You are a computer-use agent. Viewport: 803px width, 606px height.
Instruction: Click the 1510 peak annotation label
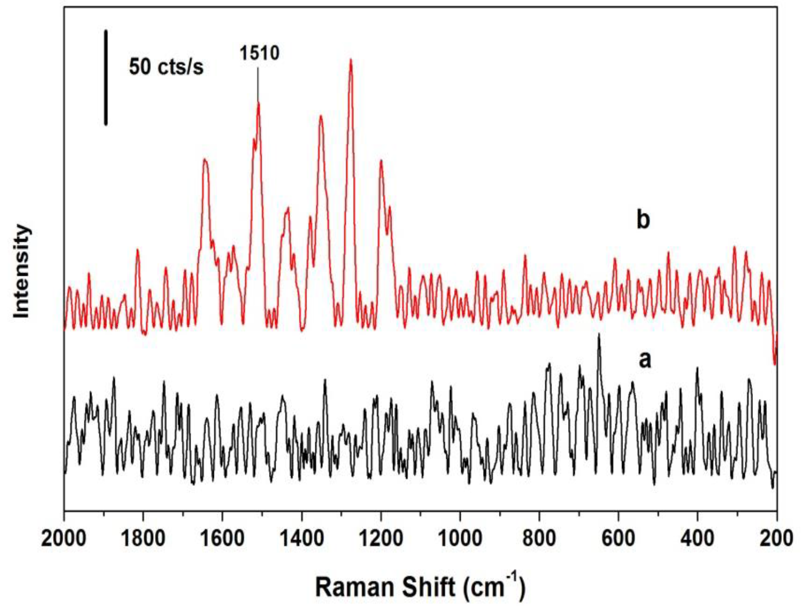pos(259,53)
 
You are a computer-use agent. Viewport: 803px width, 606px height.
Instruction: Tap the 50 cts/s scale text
pos(166,67)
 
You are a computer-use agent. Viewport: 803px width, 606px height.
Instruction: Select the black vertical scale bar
pos(106,77)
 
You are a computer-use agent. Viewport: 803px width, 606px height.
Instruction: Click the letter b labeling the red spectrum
pos(643,220)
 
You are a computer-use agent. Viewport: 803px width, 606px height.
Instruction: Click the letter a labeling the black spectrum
pos(645,360)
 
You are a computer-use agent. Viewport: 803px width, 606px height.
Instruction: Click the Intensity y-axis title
pos(22,272)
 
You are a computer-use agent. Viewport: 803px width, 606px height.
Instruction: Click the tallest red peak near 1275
pos(351,60)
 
